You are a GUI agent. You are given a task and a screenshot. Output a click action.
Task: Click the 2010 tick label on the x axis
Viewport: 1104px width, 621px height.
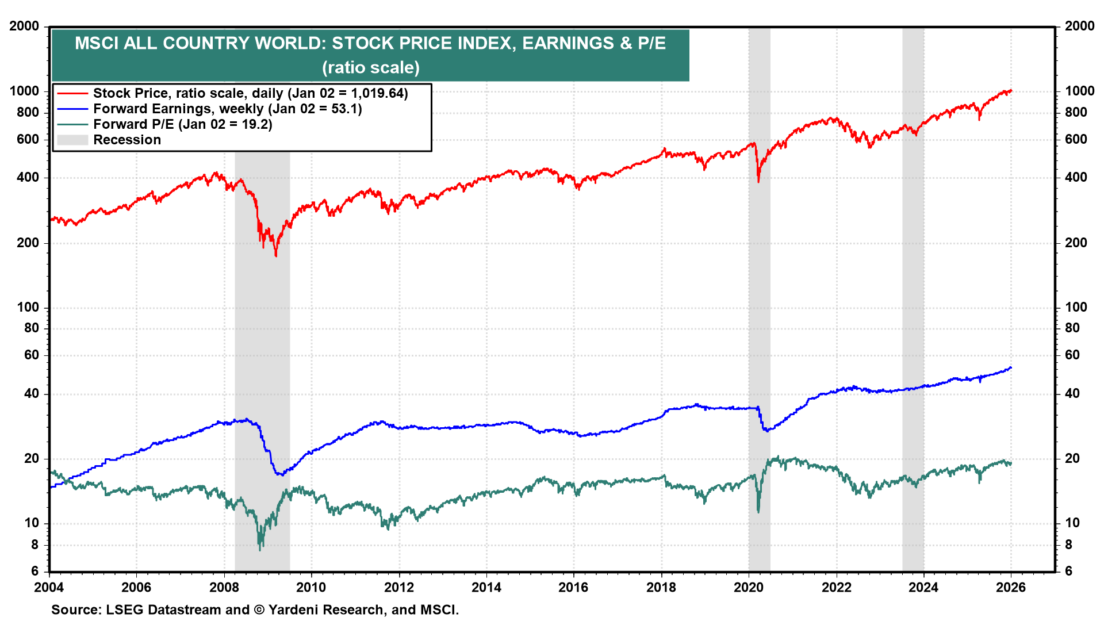[311, 587]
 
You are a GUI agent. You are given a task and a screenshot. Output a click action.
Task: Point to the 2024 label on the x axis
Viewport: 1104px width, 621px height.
[923, 587]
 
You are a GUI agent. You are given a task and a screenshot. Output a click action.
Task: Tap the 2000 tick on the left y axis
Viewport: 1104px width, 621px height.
[24, 26]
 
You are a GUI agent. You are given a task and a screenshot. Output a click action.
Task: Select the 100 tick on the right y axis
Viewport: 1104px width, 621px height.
[1076, 307]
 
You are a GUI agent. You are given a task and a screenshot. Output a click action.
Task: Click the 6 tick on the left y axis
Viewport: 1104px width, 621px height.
[35, 571]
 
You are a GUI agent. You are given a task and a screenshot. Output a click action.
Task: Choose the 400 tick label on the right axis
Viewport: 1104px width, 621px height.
[1076, 177]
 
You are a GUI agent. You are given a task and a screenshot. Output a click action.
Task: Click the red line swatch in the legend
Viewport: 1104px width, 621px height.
[72, 94]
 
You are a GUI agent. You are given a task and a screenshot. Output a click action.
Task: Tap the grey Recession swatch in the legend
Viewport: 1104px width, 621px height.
[72, 140]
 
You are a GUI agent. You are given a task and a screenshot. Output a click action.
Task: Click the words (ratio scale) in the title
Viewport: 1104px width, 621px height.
[371, 68]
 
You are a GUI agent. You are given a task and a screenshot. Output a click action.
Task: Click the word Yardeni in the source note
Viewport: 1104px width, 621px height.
[292, 610]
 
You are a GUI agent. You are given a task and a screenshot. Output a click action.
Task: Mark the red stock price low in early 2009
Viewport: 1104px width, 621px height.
[276, 255]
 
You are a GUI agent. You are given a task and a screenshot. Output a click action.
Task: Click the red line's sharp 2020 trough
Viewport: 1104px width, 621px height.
[758, 182]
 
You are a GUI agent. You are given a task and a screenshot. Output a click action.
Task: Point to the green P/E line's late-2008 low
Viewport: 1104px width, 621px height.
[260, 550]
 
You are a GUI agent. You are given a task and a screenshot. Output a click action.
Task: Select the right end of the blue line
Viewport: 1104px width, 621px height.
[1011, 367]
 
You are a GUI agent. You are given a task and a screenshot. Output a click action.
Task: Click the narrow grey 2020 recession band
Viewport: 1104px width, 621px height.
[759, 345]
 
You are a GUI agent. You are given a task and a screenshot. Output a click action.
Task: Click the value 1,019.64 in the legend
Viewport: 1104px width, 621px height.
[377, 94]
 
